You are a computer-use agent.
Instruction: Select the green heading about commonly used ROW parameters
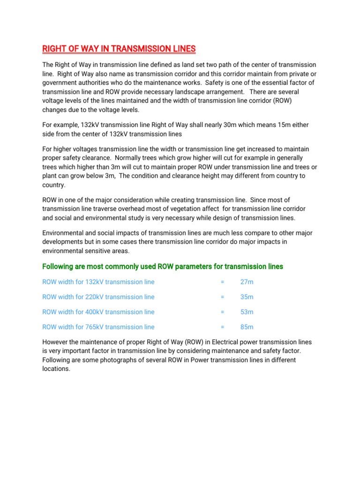point(163,267)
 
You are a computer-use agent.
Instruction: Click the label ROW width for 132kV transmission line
point(98,282)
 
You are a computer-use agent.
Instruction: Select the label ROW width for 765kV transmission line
point(98,327)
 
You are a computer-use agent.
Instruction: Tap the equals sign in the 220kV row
point(222,297)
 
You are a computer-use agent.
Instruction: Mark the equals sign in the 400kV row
point(222,312)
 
